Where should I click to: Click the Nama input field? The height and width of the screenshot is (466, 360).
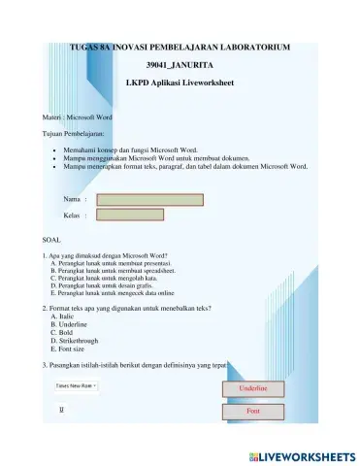149,201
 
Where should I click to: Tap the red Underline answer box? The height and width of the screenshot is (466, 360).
253,389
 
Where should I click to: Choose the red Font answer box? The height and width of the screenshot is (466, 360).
253,412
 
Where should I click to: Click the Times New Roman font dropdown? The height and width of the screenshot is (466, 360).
76,385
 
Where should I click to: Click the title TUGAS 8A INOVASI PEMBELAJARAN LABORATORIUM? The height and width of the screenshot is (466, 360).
180,48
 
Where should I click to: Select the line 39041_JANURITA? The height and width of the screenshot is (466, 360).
180,66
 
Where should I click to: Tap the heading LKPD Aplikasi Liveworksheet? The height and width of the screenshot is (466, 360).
180,84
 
